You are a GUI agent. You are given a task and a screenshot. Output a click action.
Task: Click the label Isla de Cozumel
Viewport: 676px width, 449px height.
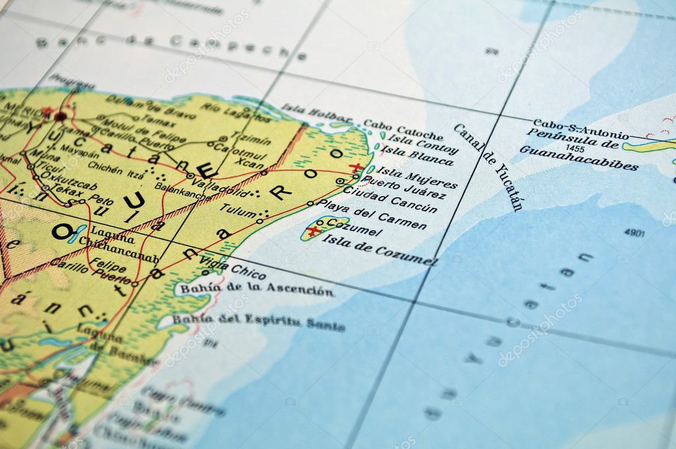click(x=379, y=250)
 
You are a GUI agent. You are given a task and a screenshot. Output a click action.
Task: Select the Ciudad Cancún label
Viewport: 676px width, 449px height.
click(x=391, y=199)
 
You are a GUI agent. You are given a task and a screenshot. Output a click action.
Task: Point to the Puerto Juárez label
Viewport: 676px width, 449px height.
click(x=403, y=187)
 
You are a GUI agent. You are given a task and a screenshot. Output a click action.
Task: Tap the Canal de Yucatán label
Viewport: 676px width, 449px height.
click(x=489, y=166)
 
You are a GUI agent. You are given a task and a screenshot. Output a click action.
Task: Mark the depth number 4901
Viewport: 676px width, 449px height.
click(x=634, y=232)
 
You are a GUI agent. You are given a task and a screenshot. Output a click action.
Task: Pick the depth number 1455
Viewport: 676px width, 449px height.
click(x=575, y=149)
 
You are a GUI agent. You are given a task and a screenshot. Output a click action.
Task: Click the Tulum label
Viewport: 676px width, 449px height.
click(x=238, y=209)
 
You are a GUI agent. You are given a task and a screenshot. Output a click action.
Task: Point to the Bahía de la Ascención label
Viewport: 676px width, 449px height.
click(x=257, y=289)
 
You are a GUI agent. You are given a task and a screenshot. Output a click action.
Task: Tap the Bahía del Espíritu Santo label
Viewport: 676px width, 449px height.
click(x=259, y=322)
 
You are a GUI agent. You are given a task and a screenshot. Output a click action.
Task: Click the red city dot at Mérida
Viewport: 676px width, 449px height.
click(x=60, y=116)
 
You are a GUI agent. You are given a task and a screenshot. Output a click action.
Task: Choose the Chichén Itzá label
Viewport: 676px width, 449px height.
click(x=115, y=169)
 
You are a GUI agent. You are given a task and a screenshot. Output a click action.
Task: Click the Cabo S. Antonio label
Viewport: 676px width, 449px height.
click(x=572, y=126)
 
